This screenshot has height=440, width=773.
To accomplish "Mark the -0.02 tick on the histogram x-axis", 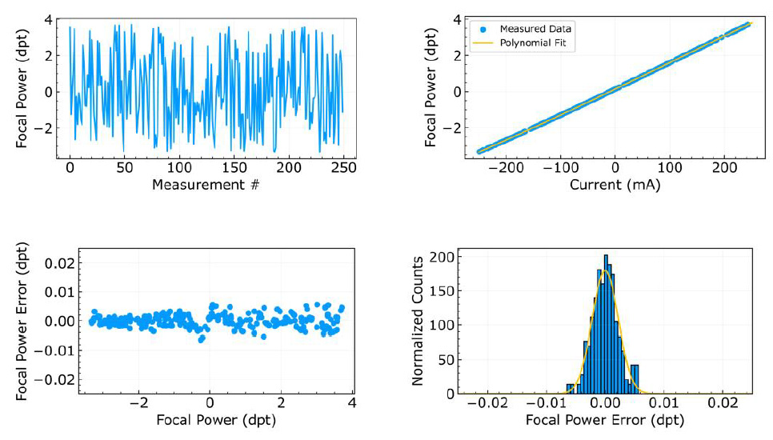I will [487, 406].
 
